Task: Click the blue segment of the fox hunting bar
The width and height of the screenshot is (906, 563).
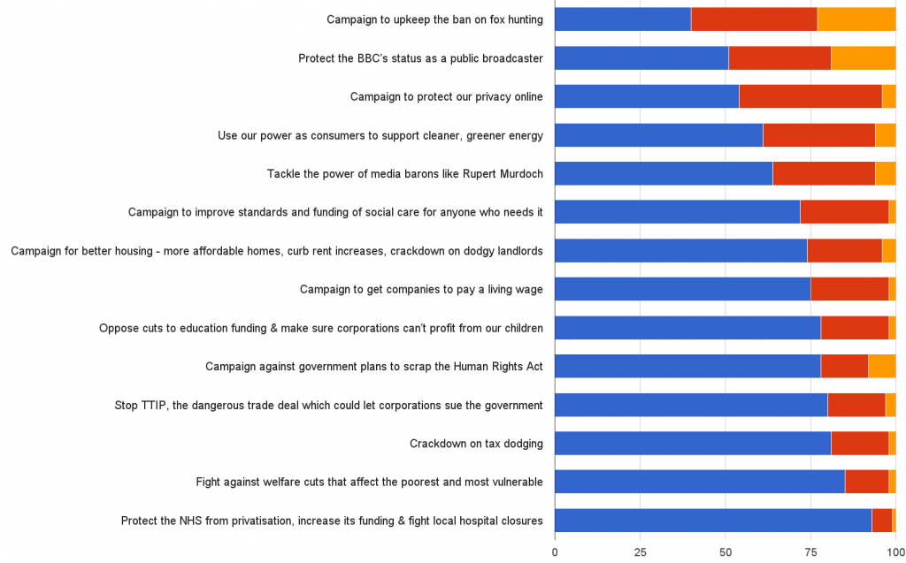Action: [623, 19]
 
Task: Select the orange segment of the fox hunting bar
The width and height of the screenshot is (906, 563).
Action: [856, 19]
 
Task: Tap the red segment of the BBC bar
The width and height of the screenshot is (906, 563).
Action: [779, 58]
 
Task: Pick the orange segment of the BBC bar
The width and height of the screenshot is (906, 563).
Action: [864, 58]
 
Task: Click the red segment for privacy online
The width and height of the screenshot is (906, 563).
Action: [810, 96]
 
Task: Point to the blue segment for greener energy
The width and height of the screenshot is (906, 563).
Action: [658, 135]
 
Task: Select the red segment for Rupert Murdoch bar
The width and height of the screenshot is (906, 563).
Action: [824, 173]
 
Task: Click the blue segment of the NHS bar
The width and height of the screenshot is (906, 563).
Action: [713, 521]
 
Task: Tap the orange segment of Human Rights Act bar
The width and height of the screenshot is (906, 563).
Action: [882, 366]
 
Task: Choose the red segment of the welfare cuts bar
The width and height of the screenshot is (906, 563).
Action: [867, 482]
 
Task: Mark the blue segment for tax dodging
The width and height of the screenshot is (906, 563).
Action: [693, 444]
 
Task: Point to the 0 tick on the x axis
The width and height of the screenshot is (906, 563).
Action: [555, 552]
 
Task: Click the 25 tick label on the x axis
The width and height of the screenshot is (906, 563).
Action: [640, 552]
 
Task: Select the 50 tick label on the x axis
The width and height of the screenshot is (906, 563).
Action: [726, 552]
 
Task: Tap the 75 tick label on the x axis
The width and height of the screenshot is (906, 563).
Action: [810, 552]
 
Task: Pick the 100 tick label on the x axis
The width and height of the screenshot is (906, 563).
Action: [895, 552]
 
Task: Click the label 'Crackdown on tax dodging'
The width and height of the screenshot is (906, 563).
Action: [476, 444]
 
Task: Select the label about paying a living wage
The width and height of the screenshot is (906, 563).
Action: [421, 289]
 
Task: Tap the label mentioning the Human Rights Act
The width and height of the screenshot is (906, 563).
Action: [374, 366]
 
